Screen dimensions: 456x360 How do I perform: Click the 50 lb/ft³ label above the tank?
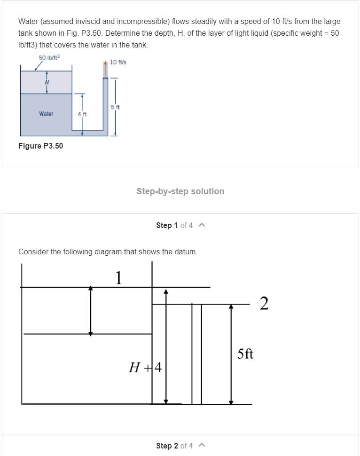pyautogui.click(x=49, y=58)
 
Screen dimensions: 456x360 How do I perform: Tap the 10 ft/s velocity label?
pyautogui.click(x=117, y=62)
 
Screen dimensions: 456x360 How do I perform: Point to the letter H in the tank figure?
pyautogui.click(x=47, y=82)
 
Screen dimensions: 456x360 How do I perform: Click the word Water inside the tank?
pyautogui.click(x=46, y=114)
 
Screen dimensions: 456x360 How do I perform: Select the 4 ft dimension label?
pyautogui.click(x=82, y=114)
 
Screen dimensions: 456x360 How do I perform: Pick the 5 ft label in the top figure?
pyautogui.click(x=116, y=107)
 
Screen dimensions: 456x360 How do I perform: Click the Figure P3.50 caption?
pyautogui.click(x=40, y=146)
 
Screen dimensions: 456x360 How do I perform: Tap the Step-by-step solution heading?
pyautogui.click(x=180, y=191)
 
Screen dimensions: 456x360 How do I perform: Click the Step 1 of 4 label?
pyautogui.click(x=174, y=225)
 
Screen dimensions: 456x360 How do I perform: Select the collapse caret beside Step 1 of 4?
pyautogui.click(x=201, y=225)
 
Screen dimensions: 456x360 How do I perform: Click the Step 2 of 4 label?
pyautogui.click(x=174, y=446)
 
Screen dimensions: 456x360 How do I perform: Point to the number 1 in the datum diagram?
pyautogui.click(x=119, y=278)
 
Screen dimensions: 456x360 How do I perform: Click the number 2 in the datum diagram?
pyautogui.click(x=264, y=304)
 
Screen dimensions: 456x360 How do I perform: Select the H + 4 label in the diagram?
pyautogui.click(x=145, y=367)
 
